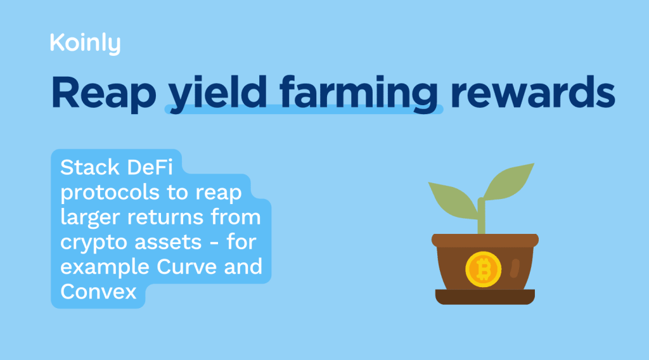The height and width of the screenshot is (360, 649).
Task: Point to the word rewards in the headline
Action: point(532,92)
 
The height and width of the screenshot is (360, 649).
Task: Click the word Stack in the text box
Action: point(89,168)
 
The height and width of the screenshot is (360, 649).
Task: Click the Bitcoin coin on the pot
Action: point(484,269)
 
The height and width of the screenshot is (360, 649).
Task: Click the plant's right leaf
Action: point(509,181)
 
